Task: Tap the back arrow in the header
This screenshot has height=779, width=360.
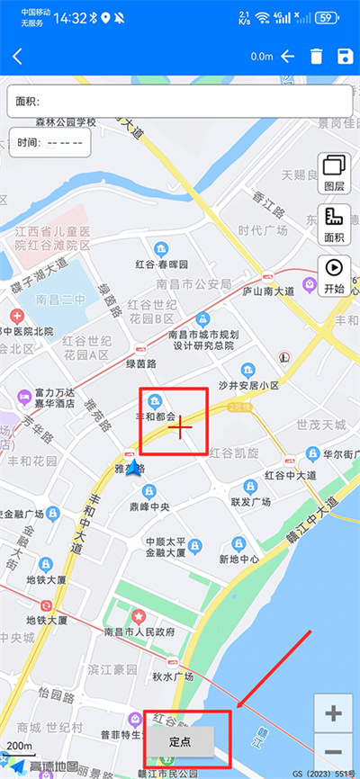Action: (17, 57)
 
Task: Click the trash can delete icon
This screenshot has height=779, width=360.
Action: (316, 57)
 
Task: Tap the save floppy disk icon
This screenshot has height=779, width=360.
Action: (344, 57)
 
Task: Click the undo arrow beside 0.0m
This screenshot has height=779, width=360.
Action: (288, 57)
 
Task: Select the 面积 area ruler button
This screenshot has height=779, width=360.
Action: (335, 226)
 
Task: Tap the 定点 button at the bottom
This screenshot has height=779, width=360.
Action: (181, 742)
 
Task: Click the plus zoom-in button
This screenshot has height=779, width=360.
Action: (334, 714)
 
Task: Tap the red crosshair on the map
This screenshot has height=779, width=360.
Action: (181, 428)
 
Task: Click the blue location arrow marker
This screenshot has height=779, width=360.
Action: (134, 468)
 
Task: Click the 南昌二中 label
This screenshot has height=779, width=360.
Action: (59, 298)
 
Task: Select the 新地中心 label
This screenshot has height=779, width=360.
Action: (239, 559)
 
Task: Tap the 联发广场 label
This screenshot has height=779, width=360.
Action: (251, 500)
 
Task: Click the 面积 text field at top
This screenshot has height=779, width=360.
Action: (180, 101)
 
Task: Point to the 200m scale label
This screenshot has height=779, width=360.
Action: (20, 746)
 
